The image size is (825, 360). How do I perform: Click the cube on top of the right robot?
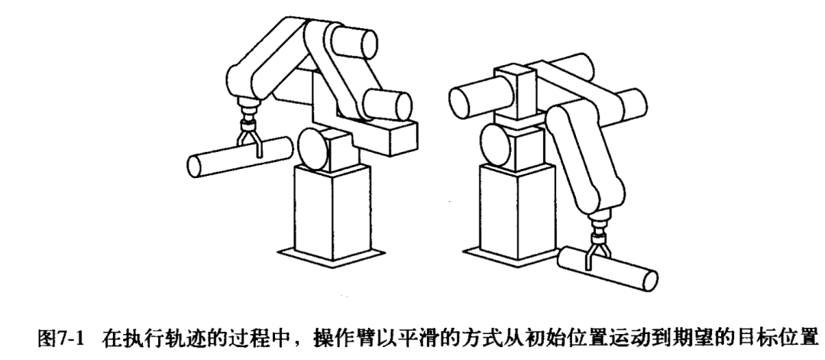click(x=517, y=84)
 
